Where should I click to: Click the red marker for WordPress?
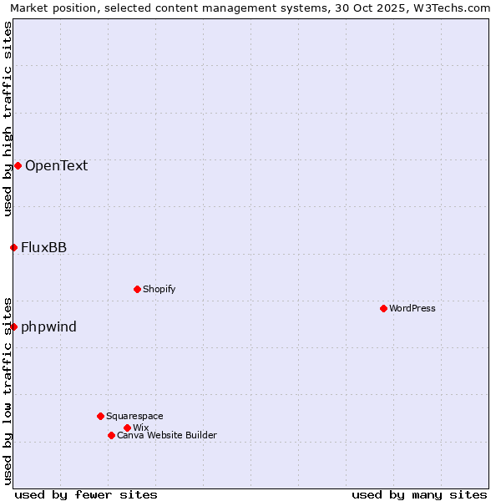[383, 308]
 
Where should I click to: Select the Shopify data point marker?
[137, 289]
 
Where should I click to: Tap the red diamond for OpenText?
[18, 165]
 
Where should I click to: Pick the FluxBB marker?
[13, 247]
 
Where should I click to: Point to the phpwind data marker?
[13, 326]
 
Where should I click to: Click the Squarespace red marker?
[100, 416]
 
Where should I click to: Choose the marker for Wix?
[127, 428]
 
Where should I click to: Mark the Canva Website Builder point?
[111, 435]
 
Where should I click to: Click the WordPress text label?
[412, 308]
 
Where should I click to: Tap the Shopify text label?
[159, 289]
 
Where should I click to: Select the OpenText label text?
[56, 165]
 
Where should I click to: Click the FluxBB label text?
[44, 247]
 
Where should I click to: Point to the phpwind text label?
[49, 326]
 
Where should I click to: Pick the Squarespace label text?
[134, 416]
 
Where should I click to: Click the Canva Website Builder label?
[167, 435]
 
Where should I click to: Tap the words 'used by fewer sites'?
[86, 494]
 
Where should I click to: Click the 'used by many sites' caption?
[419, 494]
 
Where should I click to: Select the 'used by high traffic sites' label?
[8, 119]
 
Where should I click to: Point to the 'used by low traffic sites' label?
[8, 390]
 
